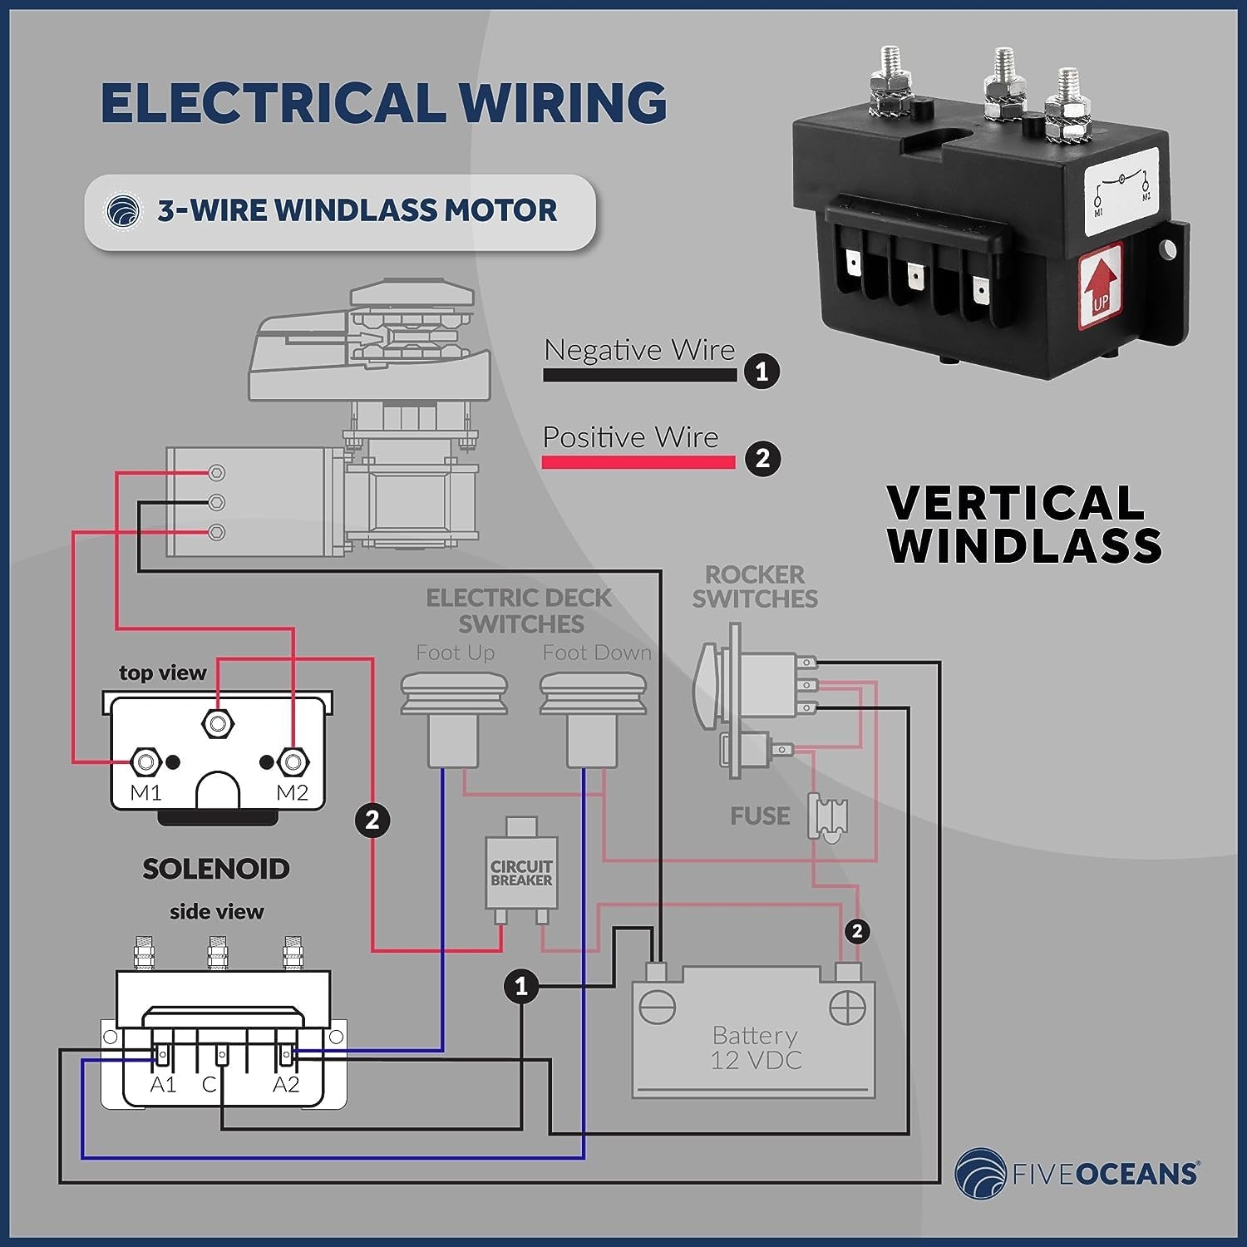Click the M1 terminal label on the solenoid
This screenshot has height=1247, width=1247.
pyautogui.click(x=145, y=793)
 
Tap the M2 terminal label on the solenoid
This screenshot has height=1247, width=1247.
pyautogui.click(x=292, y=793)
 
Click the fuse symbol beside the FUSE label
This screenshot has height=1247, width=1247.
pyautogui.click(x=828, y=816)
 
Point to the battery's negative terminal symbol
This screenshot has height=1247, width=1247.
pyautogui.click(x=657, y=1008)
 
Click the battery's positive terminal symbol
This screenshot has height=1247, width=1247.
pyautogui.click(x=847, y=1008)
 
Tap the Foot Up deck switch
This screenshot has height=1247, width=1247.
pyautogui.click(x=454, y=719)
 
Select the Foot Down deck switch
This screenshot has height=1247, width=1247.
pyautogui.click(x=593, y=719)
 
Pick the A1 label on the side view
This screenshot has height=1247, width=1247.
pyautogui.click(x=163, y=1085)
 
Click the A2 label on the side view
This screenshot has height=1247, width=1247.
pyautogui.click(x=286, y=1085)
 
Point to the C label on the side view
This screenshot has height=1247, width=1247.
pyautogui.click(x=209, y=1085)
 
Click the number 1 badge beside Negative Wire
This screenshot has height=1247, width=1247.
pyautogui.click(x=762, y=371)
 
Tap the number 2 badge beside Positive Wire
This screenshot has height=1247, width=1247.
pyautogui.click(x=762, y=458)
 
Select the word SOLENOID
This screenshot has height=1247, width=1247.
pyautogui.click(x=216, y=869)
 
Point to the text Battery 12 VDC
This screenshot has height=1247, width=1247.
pyautogui.click(x=756, y=1047)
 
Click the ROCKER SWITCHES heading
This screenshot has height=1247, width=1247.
pyautogui.click(x=755, y=586)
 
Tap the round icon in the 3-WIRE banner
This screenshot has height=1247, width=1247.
pyautogui.click(x=123, y=211)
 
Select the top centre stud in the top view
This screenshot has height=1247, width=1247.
pyautogui.click(x=218, y=722)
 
